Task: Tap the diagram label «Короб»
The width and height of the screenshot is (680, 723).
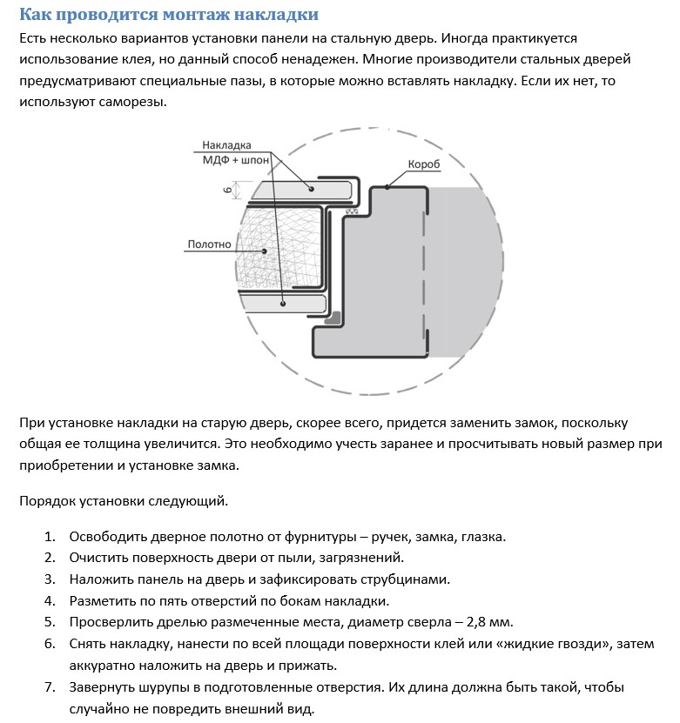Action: [423, 164]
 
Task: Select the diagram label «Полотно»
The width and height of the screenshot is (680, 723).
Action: [209, 244]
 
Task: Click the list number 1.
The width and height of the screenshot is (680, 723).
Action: [50, 536]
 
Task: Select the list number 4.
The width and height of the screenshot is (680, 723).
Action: [50, 600]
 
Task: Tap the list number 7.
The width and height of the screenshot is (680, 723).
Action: [50, 687]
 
